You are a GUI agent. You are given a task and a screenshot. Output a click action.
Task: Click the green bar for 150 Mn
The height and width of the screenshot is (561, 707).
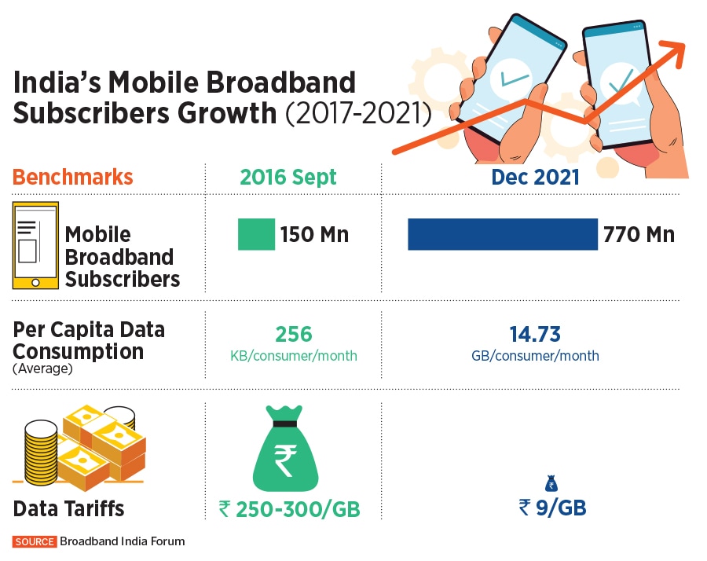point(256,234)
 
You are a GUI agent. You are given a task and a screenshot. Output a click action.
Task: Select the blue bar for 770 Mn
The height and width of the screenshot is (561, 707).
point(503,234)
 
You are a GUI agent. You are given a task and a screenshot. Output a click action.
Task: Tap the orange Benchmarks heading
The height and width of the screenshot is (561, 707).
point(72,177)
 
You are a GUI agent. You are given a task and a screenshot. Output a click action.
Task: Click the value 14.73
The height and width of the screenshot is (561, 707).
point(534,335)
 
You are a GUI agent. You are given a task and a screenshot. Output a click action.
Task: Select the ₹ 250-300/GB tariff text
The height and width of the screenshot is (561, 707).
point(289,509)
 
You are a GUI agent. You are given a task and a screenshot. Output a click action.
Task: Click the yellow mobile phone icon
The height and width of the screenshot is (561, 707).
point(35,245)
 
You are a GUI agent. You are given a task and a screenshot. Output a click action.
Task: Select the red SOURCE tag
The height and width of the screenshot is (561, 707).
point(35,541)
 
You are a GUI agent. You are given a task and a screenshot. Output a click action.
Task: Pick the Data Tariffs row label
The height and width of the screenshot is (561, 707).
point(68,509)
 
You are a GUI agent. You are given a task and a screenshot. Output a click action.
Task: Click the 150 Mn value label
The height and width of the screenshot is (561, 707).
point(315,234)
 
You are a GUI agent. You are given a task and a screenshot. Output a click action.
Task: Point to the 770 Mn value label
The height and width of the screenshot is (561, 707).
point(639,234)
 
